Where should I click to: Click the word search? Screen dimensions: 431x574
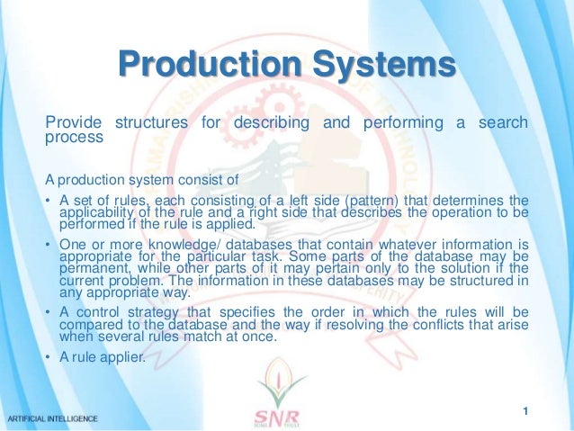click(506, 122)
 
